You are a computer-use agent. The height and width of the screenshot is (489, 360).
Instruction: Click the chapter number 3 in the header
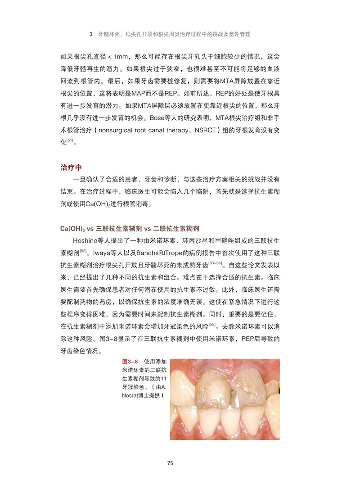tap(91, 34)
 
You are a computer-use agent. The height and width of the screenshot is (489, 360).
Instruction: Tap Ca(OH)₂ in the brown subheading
tap(73, 228)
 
